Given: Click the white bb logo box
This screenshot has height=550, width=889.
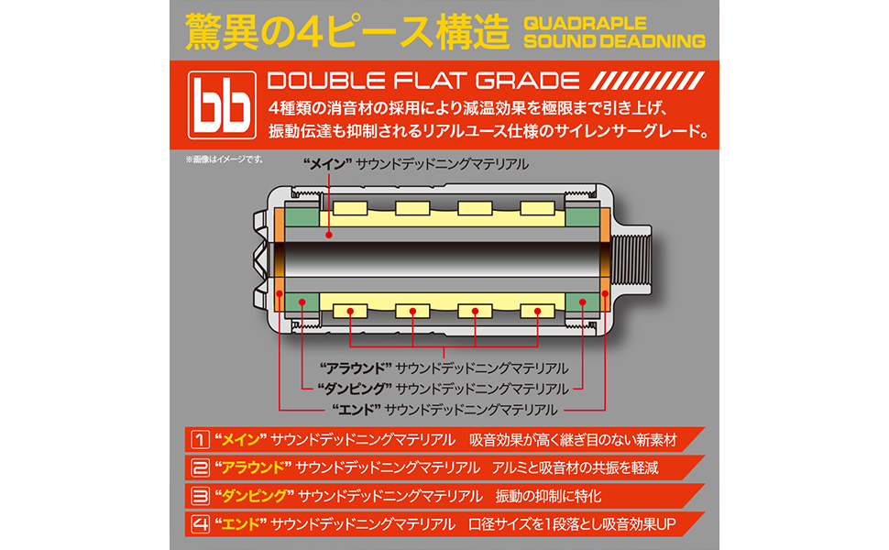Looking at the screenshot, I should [x=219, y=104].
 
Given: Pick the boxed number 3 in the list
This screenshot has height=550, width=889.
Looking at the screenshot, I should [x=198, y=496].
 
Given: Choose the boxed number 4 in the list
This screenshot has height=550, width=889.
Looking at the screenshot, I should [x=198, y=525].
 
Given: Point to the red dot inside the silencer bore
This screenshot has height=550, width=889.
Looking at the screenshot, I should [x=326, y=236].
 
